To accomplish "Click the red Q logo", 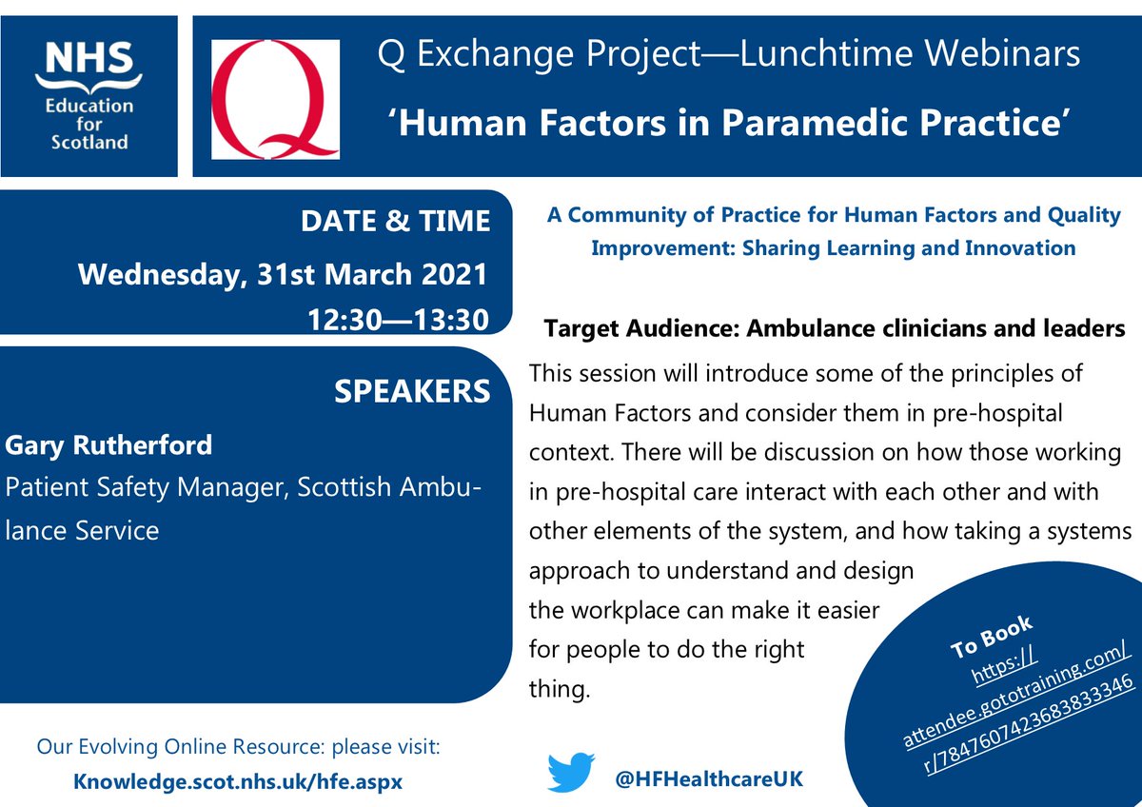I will pyautogui.click(x=274, y=99).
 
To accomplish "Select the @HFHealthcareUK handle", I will pyautogui.click(x=709, y=778).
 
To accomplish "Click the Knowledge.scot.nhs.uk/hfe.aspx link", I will pyautogui.click(x=238, y=781).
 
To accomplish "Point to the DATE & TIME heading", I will pyautogui.click(x=395, y=222).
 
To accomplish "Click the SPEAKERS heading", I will pyautogui.click(x=412, y=391).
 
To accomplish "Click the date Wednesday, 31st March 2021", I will pyautogui.click(x=283, y=275).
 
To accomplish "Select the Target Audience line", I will pyautogui.click(x=835, y=329).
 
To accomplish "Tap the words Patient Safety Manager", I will pyautogui.click(x=146, y=488).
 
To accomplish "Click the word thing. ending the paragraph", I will pyautogui.click(x=559, y=688).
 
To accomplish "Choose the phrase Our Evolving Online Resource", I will pyautogui.click(x=164, y=747).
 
